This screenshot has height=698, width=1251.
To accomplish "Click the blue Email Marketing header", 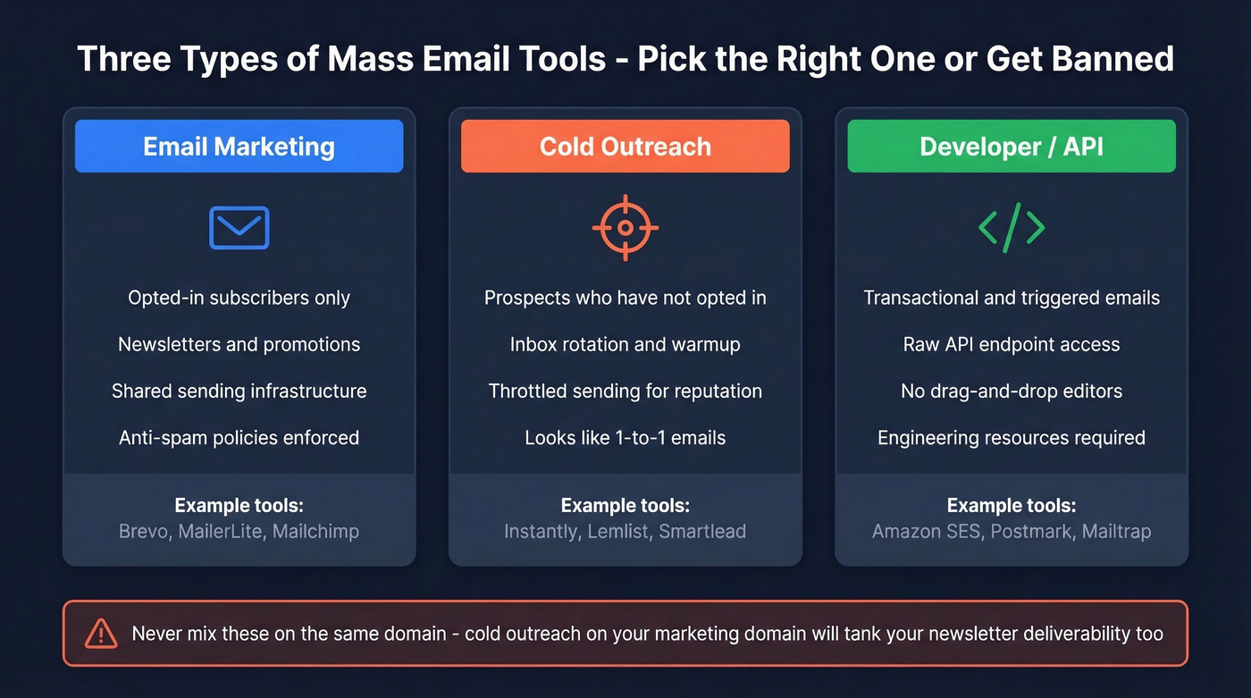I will pos(239,146).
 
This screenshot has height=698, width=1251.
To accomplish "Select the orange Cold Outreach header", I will pos(625,146).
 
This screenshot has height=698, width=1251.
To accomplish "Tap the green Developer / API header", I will pos(1012,146).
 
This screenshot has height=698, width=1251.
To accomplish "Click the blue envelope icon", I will pos(239,227).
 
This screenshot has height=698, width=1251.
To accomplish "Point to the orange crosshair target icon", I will pos(625,228).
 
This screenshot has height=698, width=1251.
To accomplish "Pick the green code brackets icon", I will pos(1012,228).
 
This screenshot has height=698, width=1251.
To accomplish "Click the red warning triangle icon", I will pos(101,634).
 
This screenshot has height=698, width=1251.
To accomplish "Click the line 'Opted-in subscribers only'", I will pos(239,298).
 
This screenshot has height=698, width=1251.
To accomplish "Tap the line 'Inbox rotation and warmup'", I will pos(625,344).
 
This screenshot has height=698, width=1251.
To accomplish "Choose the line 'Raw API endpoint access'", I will pos(1012,344).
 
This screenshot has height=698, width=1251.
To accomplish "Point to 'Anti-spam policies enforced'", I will pos(239,437).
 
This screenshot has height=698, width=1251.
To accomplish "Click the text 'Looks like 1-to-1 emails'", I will pos(625,437).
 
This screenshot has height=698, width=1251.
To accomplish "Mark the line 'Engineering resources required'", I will pos(1012,437).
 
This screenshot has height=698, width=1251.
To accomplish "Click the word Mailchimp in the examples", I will pos(315,531).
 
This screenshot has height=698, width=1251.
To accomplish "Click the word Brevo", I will pos(143,531).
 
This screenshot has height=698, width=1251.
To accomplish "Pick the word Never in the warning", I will pos(157,634).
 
